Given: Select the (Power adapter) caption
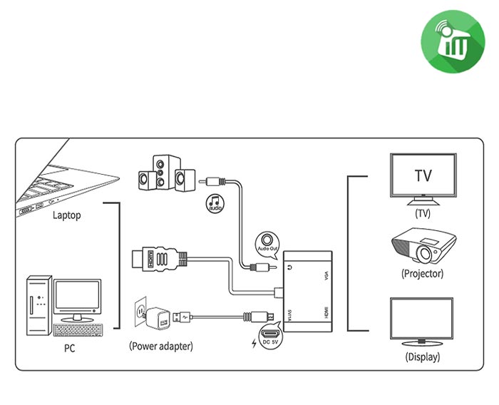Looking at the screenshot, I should click(x=161, y=346).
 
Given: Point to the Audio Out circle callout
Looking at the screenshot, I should click(x=268, y=243).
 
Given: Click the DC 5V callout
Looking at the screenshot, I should click(x=270, y=337).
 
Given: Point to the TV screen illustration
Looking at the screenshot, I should click(x=423, y=176).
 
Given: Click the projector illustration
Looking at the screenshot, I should click(x=423, y=247).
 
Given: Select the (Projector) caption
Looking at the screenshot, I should click(x=423, y=273).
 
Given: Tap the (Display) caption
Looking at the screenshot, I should click(x=422, y=357).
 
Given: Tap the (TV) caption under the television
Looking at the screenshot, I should click(x=423, y=212).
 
